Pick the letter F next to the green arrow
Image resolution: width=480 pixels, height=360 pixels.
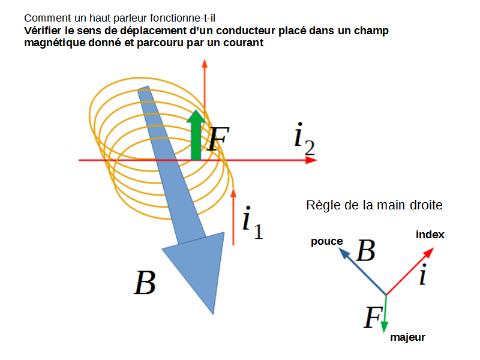[217, 139]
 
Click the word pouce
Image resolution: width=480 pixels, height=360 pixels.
[326, 242]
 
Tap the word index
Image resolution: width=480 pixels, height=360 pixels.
[430, 235]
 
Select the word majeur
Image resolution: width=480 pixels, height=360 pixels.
[407, 337]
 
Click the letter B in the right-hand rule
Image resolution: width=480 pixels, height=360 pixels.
[365, 251]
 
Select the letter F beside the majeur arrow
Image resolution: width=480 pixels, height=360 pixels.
[371, 317]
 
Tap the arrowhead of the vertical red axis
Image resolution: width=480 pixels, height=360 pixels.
[205, 64]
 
